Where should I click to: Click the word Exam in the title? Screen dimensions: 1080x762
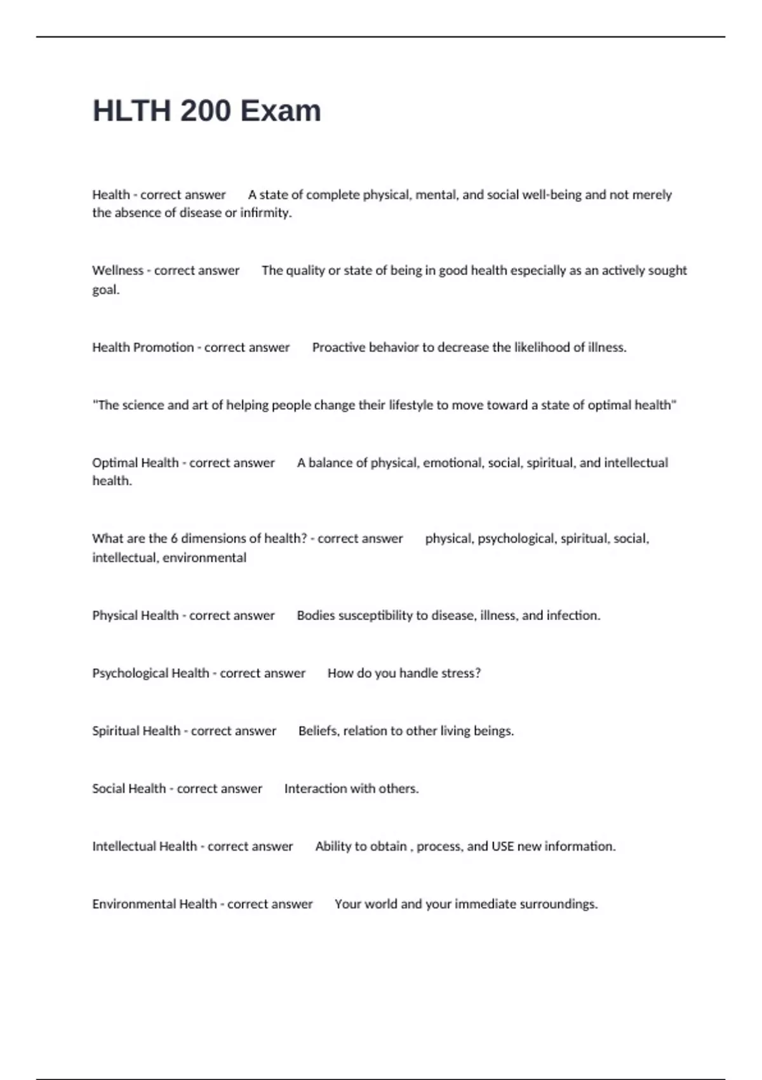pos(280,111)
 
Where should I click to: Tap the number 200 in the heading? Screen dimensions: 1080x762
pos(205,111)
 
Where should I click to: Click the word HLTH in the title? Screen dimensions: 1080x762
pos(131,111)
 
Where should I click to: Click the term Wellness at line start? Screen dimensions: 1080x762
pos(117,271)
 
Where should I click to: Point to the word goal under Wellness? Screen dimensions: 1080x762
pos(105,290)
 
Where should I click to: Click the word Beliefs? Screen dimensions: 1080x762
pos(318,731)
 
